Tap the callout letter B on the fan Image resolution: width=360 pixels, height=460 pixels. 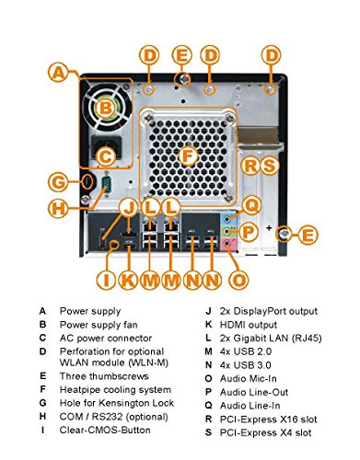[x=106, y=109]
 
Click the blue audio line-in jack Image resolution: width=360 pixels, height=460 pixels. [x=227, y=219]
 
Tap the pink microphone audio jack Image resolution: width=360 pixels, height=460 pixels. [x=227, y=244]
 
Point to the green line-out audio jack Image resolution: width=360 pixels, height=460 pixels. [x=227, y=231]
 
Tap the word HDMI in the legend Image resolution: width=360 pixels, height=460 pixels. [x=231, y=325]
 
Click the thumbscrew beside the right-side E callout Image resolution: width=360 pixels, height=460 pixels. [x=284, y=235]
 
